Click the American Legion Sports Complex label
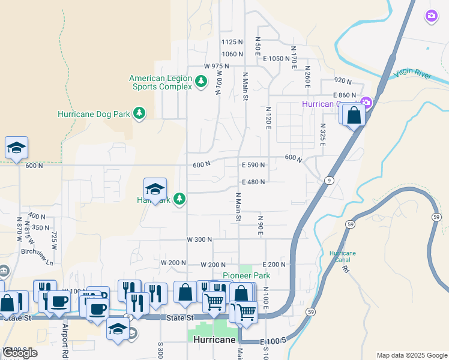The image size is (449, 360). pyautogui.click(x=160, y=82)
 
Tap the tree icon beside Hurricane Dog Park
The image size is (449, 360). pyautogui.click(x=139, y=113)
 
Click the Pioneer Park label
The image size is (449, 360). pyautogui.click(x=246, y=275)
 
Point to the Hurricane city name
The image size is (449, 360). pyautogui.click(x=214, y=340)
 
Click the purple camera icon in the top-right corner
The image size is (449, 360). pyautogui.click(x=431, y=16)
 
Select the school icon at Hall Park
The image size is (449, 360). pyautogui.click(x=155, y=189)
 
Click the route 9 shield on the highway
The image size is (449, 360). pyautogui.click(x=330, y=180)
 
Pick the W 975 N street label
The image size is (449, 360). pyautogui.click(x=217, y=66)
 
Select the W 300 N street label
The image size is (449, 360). pyautogui.click(x=199, y=239)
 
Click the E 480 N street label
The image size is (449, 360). pyautogui.click(x=253, y=182)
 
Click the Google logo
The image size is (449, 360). pyautogui.click(x=20, y=353)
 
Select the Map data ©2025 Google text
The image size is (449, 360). pyautogui.click(x=411, y=355)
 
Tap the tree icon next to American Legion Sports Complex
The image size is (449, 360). pyautogui.click(x=202, y=80)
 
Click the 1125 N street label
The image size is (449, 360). pyautogui.click(x=232, y=42)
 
